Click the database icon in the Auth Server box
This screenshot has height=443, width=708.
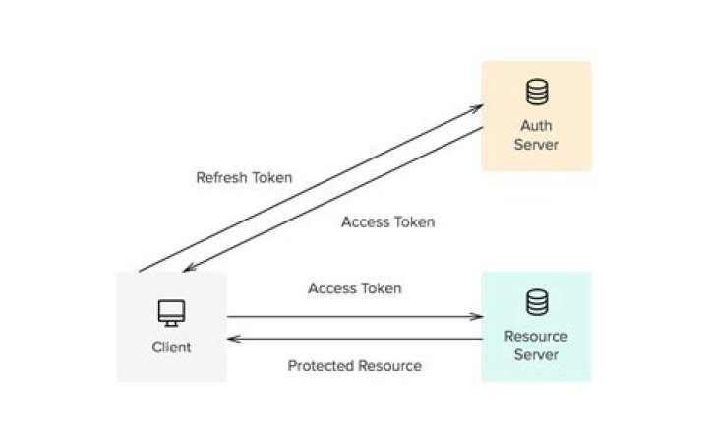click(x=536, y=93)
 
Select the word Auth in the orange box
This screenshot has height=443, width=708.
click(x=536, y=126)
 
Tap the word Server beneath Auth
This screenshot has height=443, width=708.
click(x=536, y=145)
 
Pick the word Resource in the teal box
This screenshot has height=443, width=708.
click(x=536, y=337)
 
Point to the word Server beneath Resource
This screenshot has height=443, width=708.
click(x=536, y=354)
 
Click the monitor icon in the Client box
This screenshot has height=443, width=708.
click(x=172, y=314)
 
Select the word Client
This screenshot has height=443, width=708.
click(x=172, y=347)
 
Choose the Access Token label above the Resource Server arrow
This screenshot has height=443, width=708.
click(x=354, y=288)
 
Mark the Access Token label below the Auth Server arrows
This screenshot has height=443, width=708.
click(x=387, y=222)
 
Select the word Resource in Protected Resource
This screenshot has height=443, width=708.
click(x=389, y=366)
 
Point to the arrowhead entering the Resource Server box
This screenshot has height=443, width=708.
click(x=478, y=317)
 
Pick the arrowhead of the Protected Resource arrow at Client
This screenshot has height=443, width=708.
click(x=232, y=339)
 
